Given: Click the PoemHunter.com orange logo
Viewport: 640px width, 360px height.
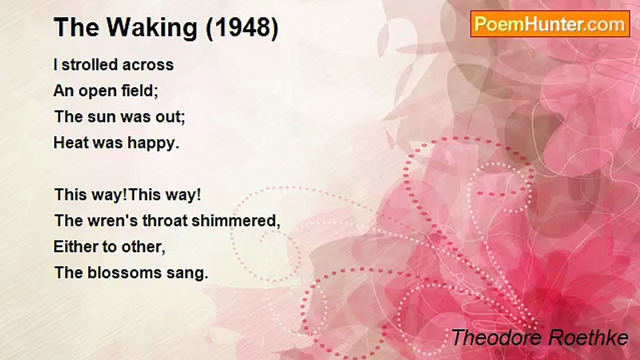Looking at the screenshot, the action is [550, 24].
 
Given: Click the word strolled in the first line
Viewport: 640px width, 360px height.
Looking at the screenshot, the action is [89, 64].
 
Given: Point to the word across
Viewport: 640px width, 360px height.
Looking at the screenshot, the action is [148, 65].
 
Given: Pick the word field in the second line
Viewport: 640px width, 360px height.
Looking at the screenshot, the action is [137, 90].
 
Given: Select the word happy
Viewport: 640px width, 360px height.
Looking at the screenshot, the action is [153, 143].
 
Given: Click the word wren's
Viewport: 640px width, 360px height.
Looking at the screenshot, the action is [112, 220].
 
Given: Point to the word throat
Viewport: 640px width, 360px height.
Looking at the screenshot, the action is [165, 220].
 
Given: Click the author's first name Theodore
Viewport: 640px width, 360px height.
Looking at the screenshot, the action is [496, 337].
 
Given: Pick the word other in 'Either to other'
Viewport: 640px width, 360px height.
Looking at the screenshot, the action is [143, 247].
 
